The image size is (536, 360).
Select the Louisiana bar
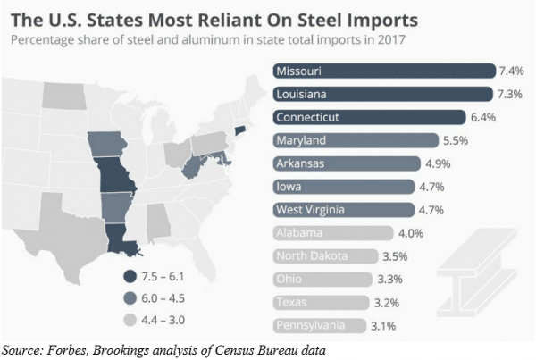pos(381,94)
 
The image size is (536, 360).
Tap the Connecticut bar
pos(368,117)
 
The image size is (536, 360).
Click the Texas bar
pos(321,302)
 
